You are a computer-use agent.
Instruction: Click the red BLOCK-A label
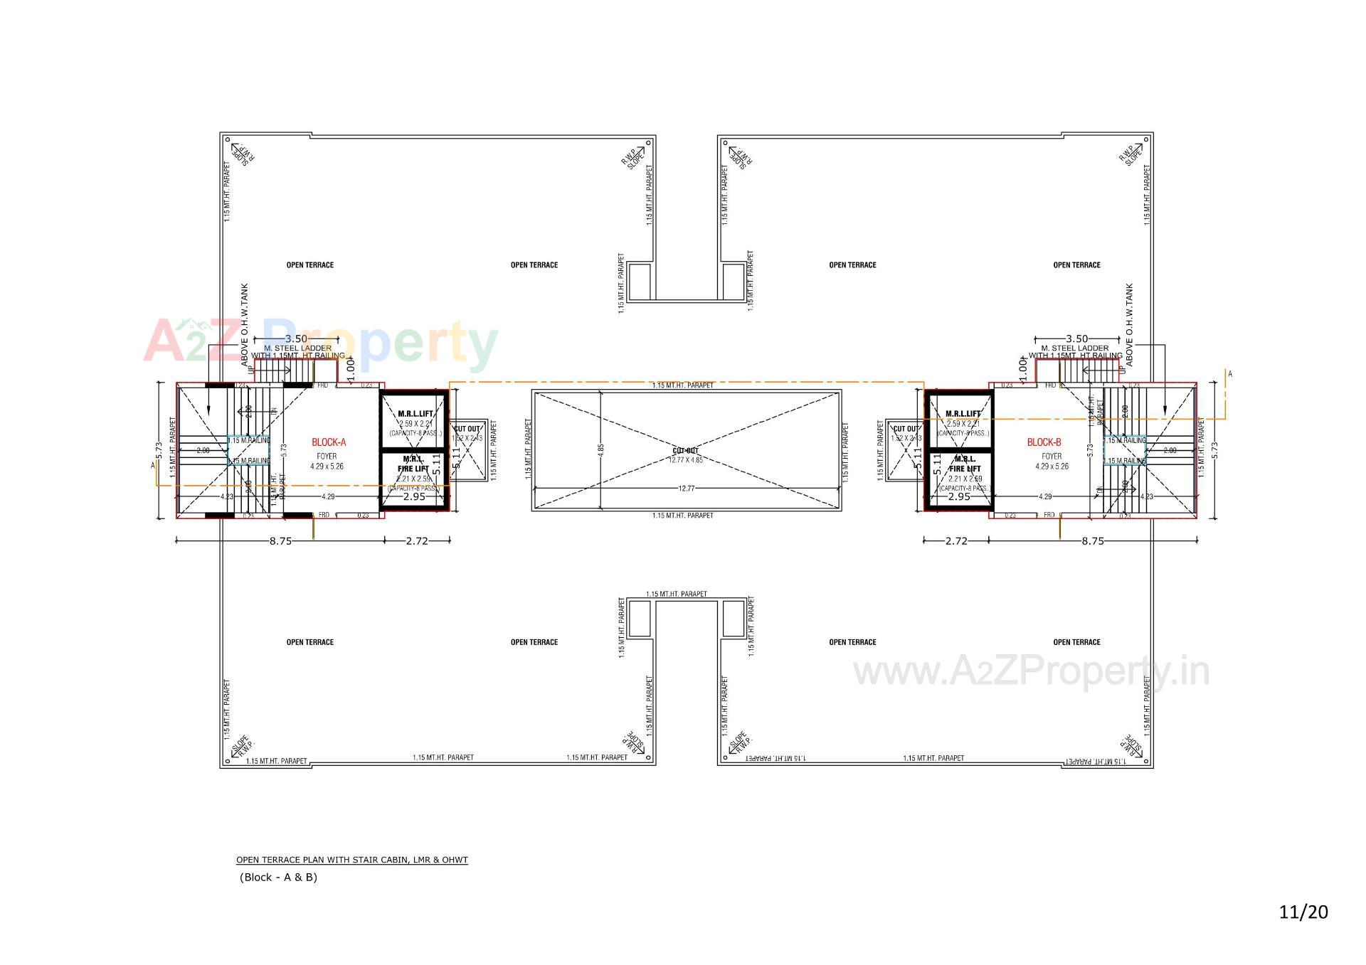pos(329,442)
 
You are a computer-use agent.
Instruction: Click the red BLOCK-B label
pos(1044,442)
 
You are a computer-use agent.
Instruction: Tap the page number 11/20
pos(1303,912)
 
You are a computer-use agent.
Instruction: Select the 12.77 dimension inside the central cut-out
pos(687,489)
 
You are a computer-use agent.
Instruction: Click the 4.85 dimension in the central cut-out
pos(600,449)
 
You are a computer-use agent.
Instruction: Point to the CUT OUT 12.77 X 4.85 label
pos(686,455)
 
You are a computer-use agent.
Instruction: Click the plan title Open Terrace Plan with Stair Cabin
pos(352,860)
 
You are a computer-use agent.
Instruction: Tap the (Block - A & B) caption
pos(278,878)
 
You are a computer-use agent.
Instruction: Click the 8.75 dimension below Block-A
pos(280,541)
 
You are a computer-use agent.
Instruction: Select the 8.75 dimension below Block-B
pos(1092,541)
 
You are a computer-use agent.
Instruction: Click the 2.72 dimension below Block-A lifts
pos(417,541)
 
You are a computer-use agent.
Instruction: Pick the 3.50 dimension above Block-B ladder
pos(1076,339)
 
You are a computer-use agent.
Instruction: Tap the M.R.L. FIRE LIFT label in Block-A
pos(413,464)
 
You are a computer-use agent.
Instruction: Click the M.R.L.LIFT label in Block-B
pos(963,413)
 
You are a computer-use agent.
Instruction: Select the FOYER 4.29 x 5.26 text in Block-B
pos(1052,462)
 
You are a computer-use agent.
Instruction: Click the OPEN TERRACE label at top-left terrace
pos(309,265)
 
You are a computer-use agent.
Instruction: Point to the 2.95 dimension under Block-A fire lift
pos(414,496)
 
